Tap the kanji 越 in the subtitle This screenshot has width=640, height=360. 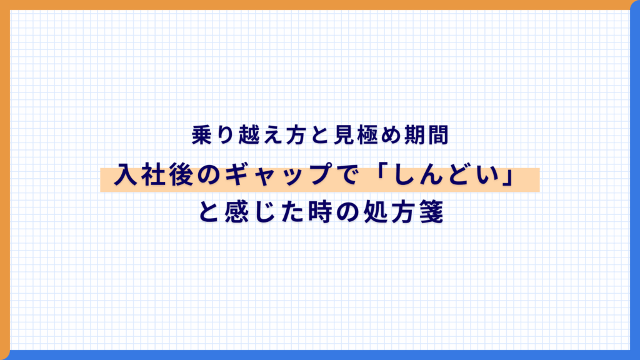(x=238, y=136)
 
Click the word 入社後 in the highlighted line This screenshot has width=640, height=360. (x=147, y=177)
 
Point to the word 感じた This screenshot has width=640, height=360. (x=258, y=214)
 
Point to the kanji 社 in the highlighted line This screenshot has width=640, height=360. (x=147, y=177)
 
